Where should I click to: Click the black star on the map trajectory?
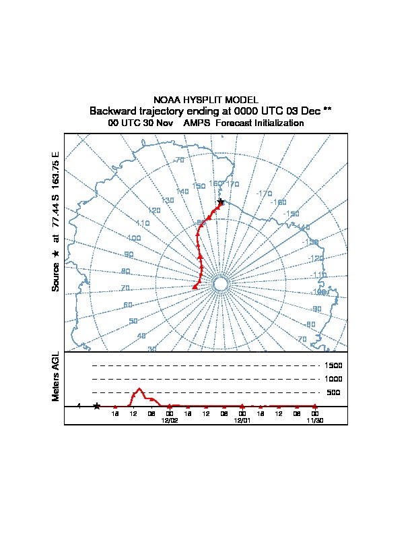tap(220, 202)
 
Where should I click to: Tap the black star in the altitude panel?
tap(96, 406)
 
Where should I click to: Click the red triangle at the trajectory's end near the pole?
tap(195, 287)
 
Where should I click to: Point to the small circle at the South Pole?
tap(219, 285)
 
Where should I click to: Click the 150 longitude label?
tap(199, 186)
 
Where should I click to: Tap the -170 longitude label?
tap(263, 194)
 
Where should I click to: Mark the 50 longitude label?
tap(133, 321)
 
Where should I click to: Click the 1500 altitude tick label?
tap(333, 365)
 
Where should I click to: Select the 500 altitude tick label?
tap(333, 392)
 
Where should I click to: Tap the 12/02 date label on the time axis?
tap(169, 419)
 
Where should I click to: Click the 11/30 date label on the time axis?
tap(314, 419)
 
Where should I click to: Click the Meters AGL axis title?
tap(56, 376)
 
